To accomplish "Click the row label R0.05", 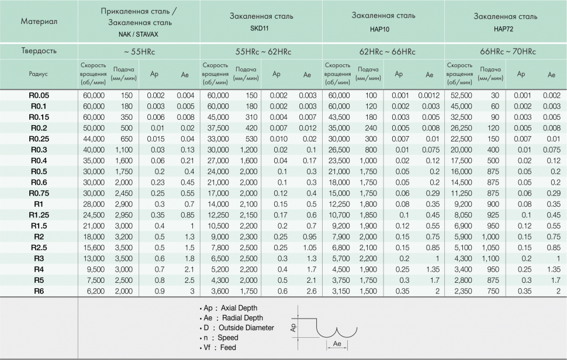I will pyautogui.click(x=39, y=95).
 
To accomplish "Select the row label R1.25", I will pyautogui.click(x=39, y=214).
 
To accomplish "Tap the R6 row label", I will pyautogui.click(x=39, y=291).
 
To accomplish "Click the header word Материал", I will pyautogui.click(x=39, y=22).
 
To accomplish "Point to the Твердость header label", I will pyautogui.click(x=39, y=51).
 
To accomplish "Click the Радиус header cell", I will pyautogui.click(x=39, y=74).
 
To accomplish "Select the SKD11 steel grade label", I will pyautogui.click(x=261, y=27).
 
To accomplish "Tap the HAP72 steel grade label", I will pyautogui.click(x=506, y=27).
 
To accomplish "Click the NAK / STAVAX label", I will pyautogui.click(x=139, y=34).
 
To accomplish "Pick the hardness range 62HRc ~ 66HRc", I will pyautogui.click(x=383, y=51).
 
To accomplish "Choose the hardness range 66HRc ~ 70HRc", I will pyautogui.click(x=506, y=51).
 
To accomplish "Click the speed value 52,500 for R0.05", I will pyautogui.click(x=459, y=95).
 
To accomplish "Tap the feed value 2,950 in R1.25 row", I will pyautogui.click(x=124, y=214).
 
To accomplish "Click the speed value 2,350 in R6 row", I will pyautogui.click(x=459, y=291).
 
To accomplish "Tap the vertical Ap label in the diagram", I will pyautogui.click(x=295, y=327).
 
